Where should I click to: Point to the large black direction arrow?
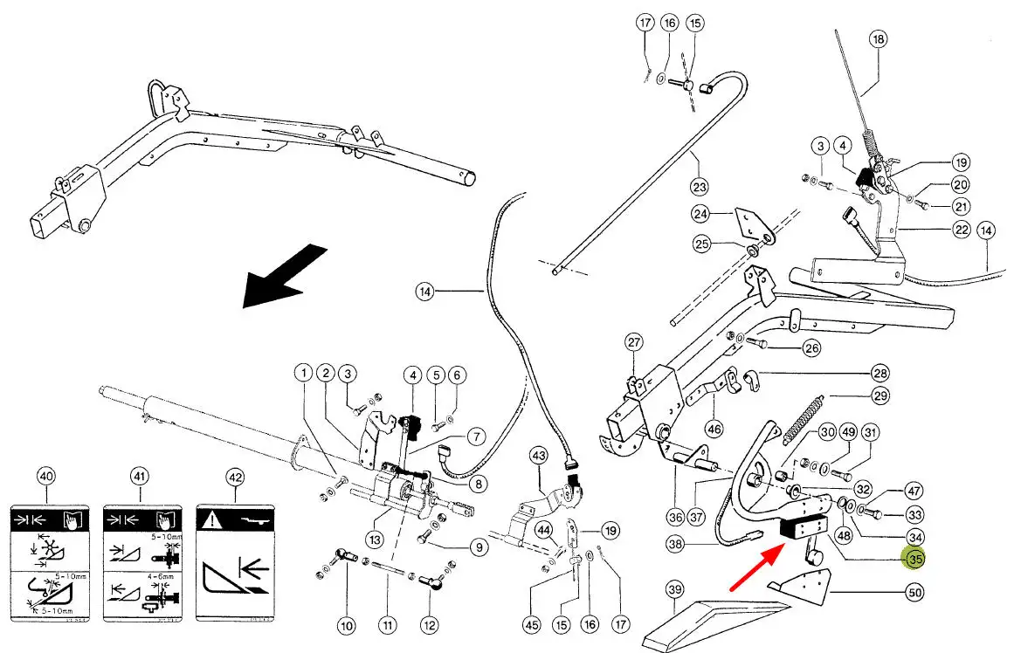[282, 277]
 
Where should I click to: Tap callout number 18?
[878, 38]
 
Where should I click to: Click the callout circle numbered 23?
[700, 186]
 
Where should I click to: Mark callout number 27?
[633, 342]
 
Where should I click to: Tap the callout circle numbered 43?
[538, 456]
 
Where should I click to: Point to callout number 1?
[302, 374]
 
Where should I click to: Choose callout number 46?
[714, 429]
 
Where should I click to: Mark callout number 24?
[700, 214]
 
